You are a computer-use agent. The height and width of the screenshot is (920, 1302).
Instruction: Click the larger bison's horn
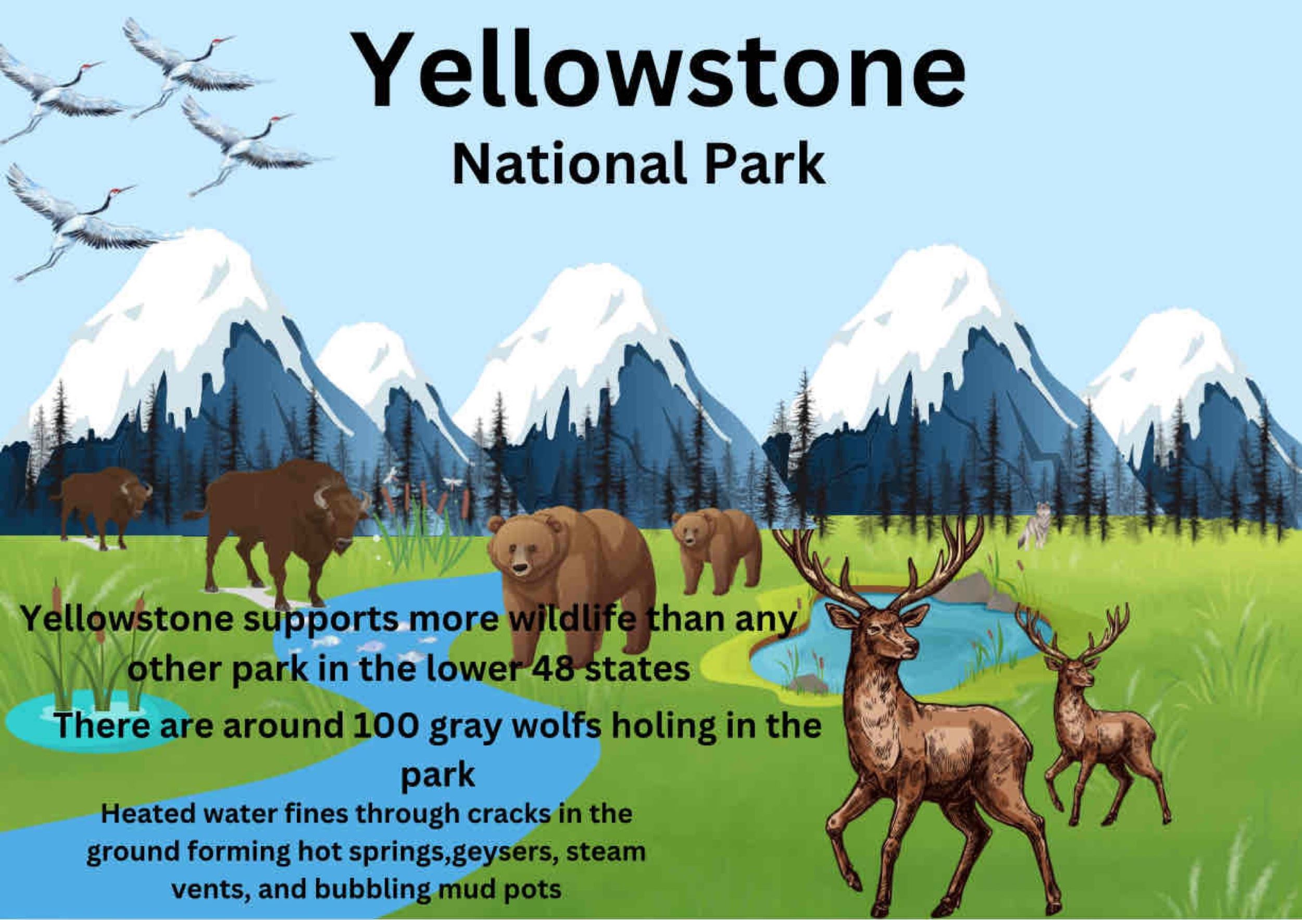click(321, 498)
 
